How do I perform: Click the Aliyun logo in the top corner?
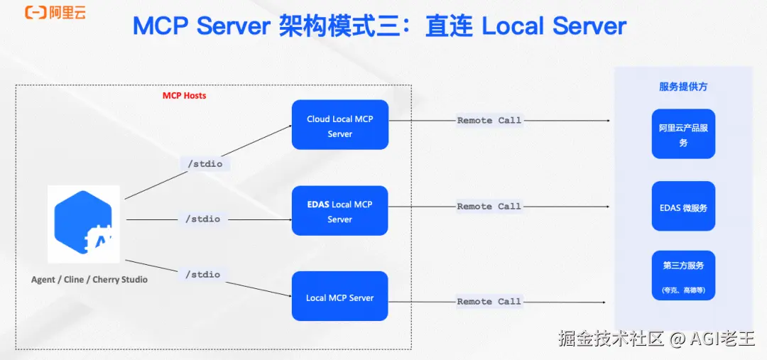coord(55,13)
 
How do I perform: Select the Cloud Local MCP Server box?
coord(340,125)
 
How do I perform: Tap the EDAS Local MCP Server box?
coord(340,210)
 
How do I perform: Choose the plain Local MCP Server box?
coord(340,296)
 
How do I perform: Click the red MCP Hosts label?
coord(185,95)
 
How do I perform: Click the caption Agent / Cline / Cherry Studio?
coord(89,280)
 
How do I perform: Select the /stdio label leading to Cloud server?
coord(205,164)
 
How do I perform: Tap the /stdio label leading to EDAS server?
coord(202,219)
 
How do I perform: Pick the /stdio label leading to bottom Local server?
coord(202,274)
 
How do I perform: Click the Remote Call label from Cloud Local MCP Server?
coord(489,120)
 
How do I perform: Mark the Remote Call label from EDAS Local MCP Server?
coord(489,207)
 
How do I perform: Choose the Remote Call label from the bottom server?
coord(489,302)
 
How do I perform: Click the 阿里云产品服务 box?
coord(683,134)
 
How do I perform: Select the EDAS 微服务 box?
coord(683,206)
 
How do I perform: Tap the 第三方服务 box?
coord(683,276)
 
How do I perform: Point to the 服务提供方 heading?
coord(683,87)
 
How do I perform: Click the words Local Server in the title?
coord(554,26)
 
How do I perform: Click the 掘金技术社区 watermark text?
coord(611,339)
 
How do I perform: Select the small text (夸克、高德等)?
coord(683,290)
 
